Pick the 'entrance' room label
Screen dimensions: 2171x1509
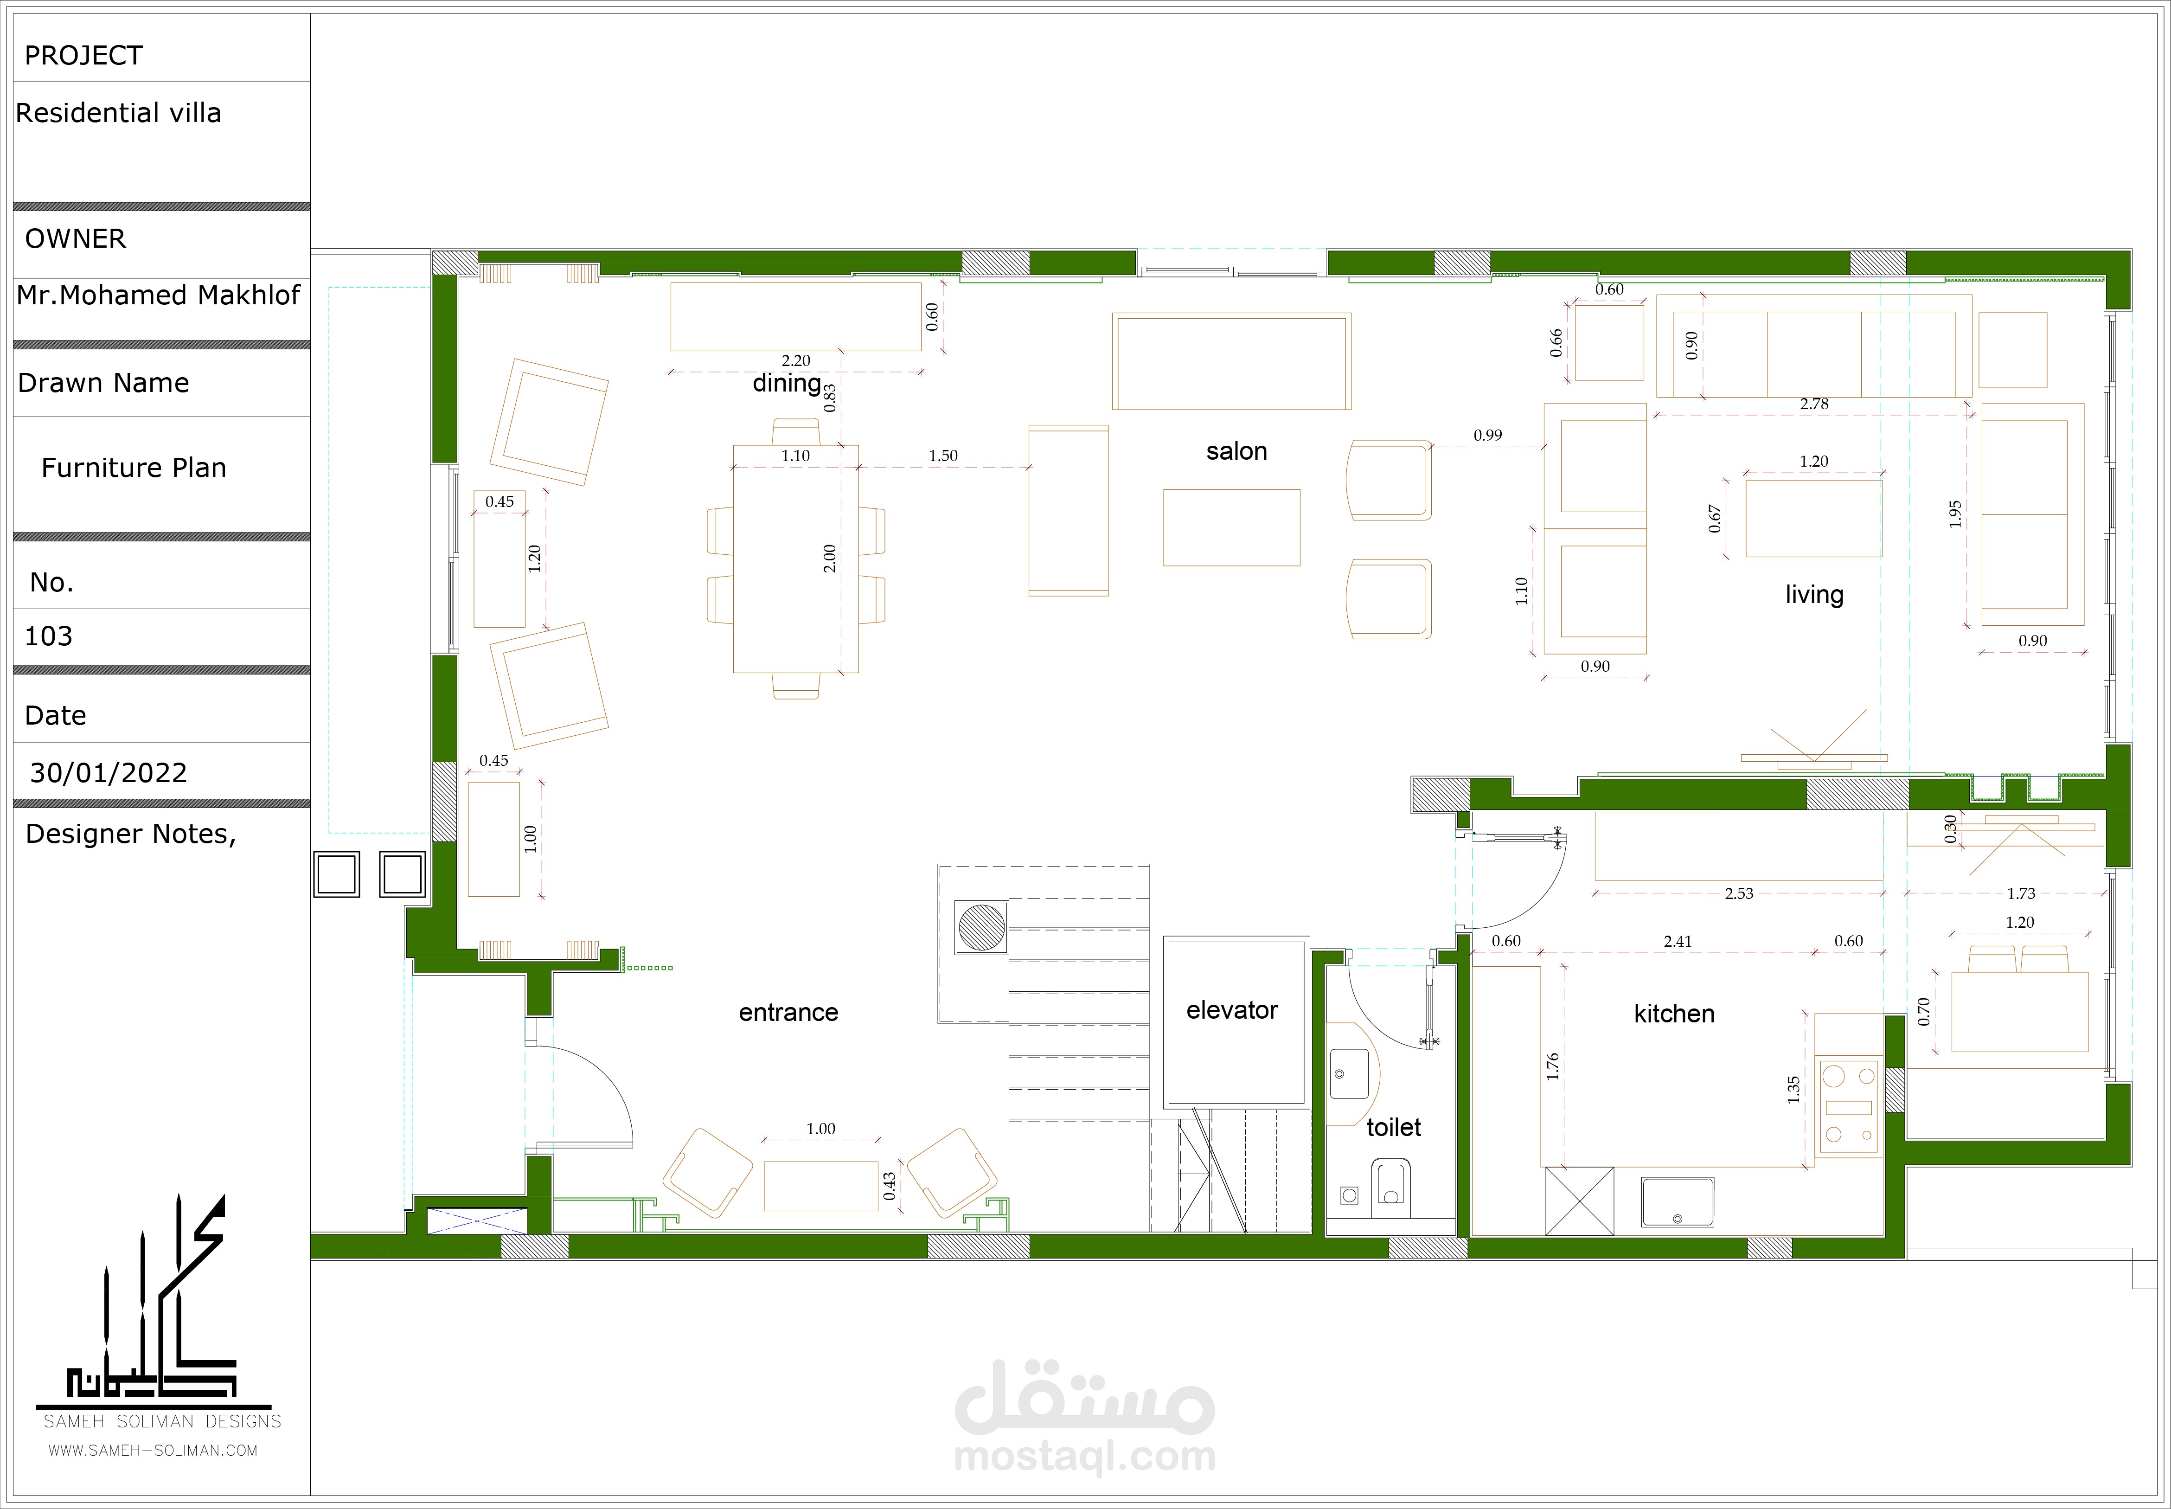[x=788, y=1013]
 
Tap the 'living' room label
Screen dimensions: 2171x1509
[x=1814, y=595]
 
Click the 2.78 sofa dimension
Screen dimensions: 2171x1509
[x=1814, y=404]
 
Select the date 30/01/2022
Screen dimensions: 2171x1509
[x=109, y=773]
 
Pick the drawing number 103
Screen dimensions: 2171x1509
[x=48, y=636]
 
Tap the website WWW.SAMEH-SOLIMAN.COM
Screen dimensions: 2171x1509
[x=153, y=1451]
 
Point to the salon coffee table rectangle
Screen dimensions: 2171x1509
[x=1231, y=527]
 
